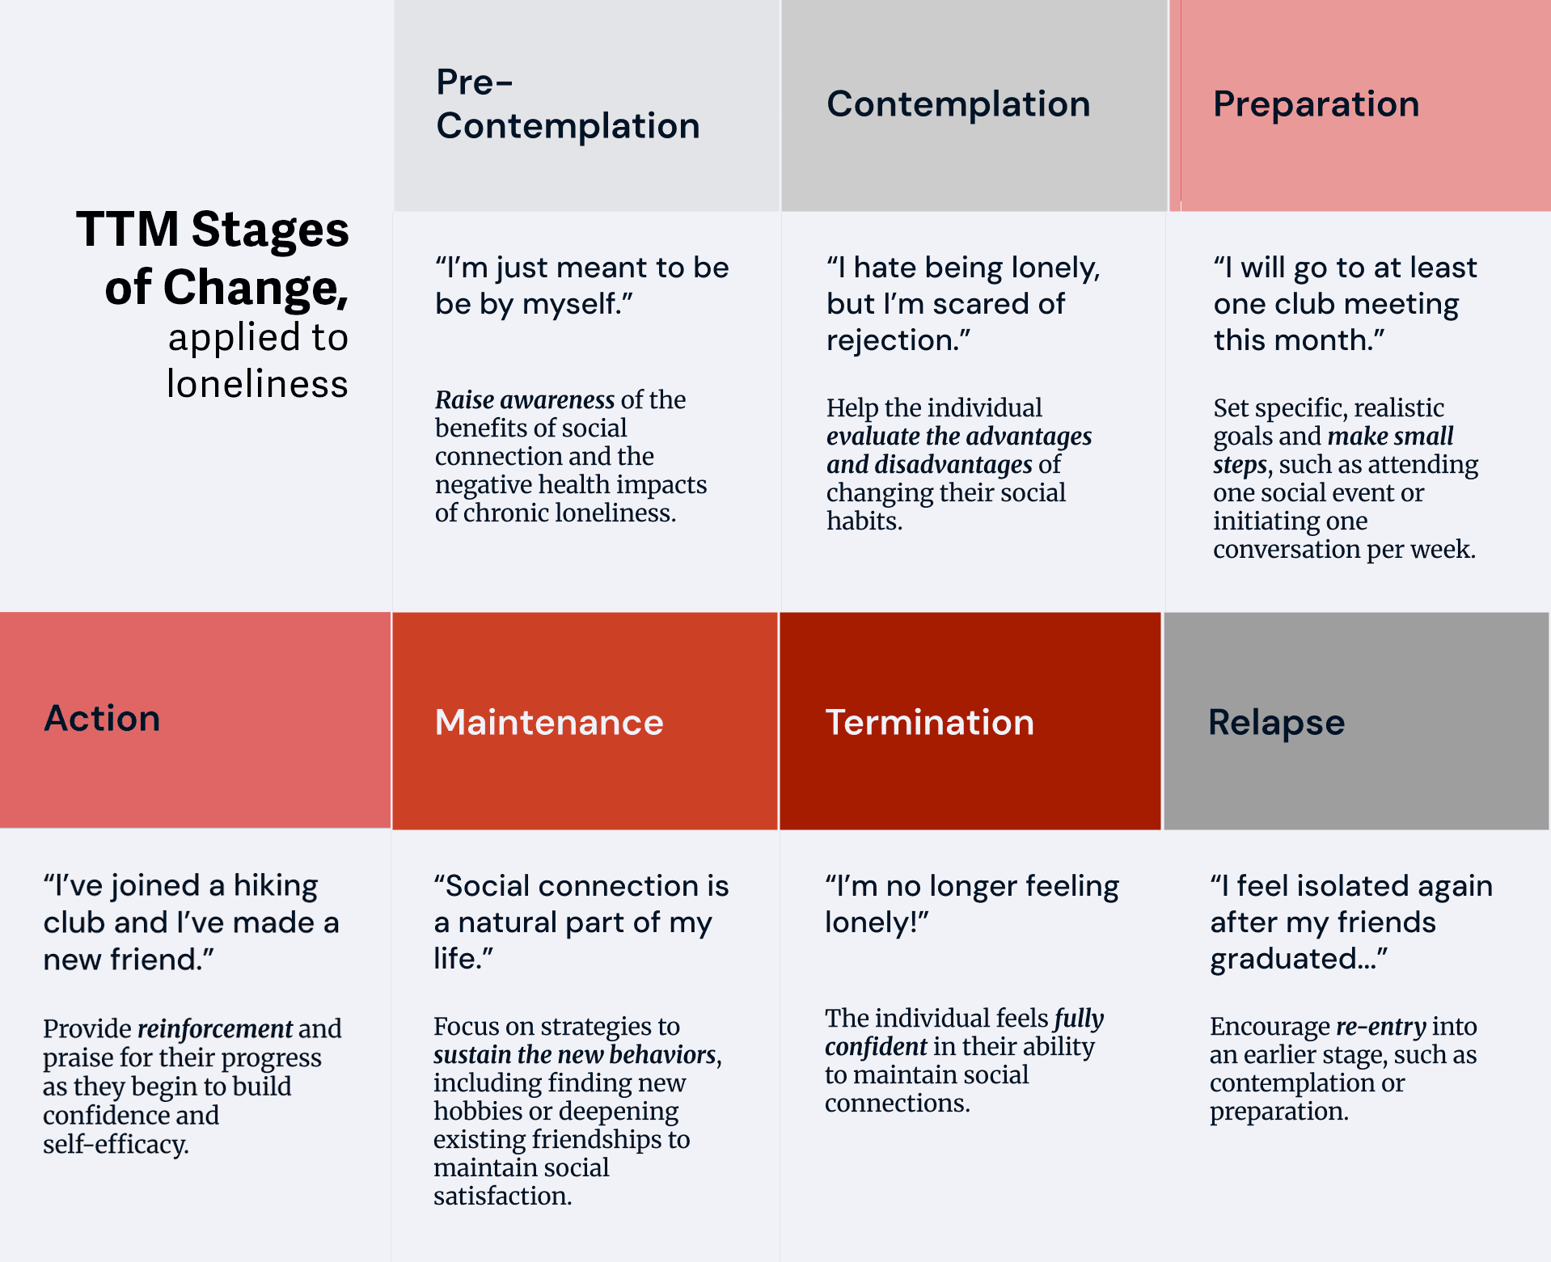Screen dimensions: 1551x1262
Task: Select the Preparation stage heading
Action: [1316, 103]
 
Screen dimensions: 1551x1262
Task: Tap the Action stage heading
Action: [102, 718]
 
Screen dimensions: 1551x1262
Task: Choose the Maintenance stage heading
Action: [548, 722]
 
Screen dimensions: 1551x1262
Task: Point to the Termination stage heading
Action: [929, 722]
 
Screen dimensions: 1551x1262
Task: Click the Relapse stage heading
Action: [1276, 722]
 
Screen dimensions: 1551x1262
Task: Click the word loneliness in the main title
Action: [257, 383]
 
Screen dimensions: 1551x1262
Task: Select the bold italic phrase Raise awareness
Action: [524, 399]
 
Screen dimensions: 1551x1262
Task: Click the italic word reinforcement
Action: [214, 1028]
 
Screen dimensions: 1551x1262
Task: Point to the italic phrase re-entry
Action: [1380, 1026]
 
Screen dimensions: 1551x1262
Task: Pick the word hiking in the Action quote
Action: [275, 886]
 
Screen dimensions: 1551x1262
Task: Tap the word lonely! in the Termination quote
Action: [876, 922]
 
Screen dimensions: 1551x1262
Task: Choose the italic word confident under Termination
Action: [875, 1046]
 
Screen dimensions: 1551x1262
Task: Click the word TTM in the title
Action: [128, 230]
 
